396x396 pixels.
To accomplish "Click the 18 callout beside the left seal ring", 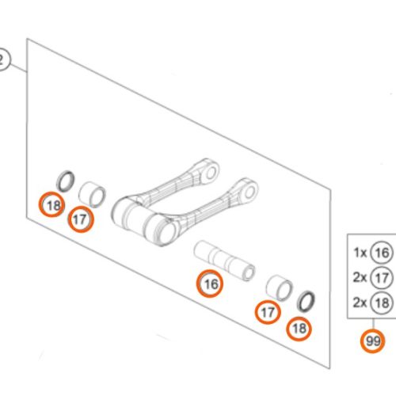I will (53, 206).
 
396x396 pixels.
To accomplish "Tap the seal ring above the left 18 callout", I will (66, 181).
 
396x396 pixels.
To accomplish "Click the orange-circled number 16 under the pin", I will (210, 283).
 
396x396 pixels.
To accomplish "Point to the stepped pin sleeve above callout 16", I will (224, 258).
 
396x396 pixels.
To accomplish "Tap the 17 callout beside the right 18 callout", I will (268, 313).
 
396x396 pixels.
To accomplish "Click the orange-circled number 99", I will (371, 341).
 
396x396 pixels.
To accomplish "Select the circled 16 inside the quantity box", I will (382, 253).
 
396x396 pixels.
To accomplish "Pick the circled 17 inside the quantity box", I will (382, 277).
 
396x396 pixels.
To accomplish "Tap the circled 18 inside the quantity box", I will (382, 301).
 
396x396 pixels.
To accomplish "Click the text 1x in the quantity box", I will (360, 253).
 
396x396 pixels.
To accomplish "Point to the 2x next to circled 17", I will (360, 277).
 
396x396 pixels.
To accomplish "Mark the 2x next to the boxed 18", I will (360, 301).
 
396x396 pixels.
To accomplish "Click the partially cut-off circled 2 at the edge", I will (3, 59).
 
